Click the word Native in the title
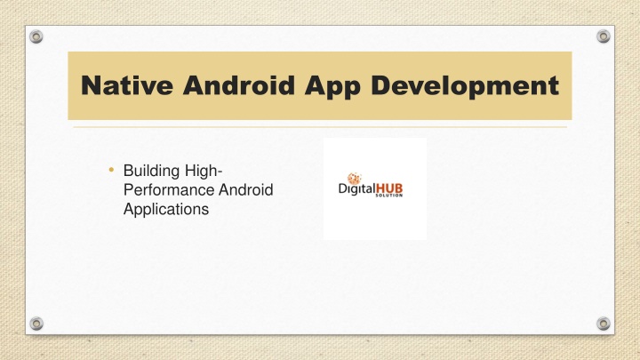pyautogui.click(x=127, y=85)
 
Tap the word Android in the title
pyautogui.click(x=239, y=85)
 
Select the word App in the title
pyautogui.click(x=332, y=87)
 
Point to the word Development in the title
pyautogui.click(x=465, y=86)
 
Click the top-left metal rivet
pyautogui.click(x=36, y=36)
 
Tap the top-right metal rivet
pyautogui.click(x=604, y=36)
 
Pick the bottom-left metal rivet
pyautogui.click(x=36, y=324)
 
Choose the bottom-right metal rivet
pyautogui.click(x=604, y=324)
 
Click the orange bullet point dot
pyautogui.click(x=111, y=170)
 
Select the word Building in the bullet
pyautogui.click(x=151, y=172)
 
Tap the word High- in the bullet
pyautogui.click(x=204, y=172)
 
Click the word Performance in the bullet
pyautogui.click(x=169, y=190)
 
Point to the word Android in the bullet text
pyautogui.click(x=245, y=190)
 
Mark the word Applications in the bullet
pyautogui.click(x=166, y=210)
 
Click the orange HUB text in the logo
pyautogui.click(x=389, y=188)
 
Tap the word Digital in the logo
pyautogui.click(x=356, y=189)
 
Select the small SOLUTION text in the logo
pyautogui.click(x=389, y=196)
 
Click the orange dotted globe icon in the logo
pyautogui.click(x=354, y=179)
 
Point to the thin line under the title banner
pyautogui.click(x=320, y=127)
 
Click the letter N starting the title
pyautogui.click(x=91, y=85)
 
